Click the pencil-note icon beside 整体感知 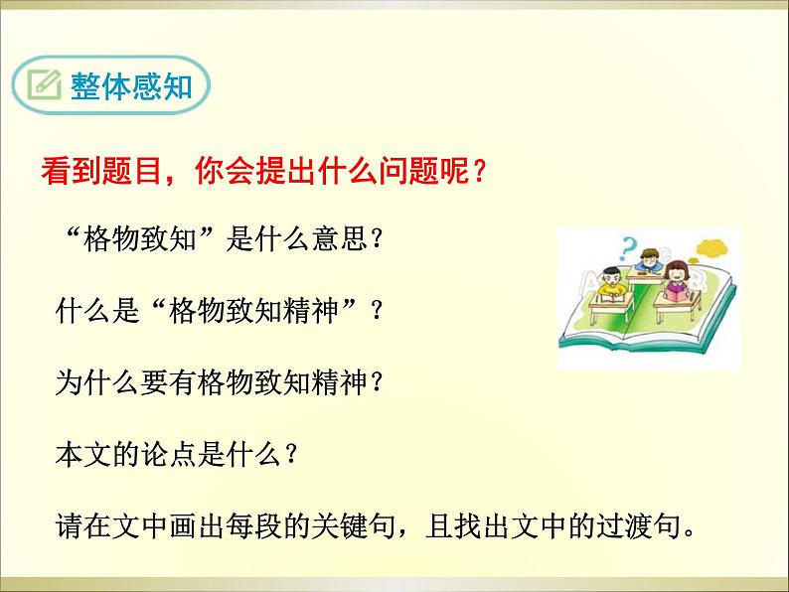(45, 88)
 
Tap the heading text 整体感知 (126, 88)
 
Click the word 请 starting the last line (69, 522)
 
